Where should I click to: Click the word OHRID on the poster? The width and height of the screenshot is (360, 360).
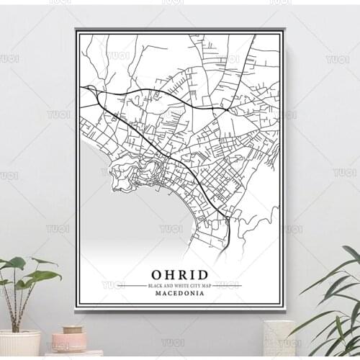tap(180, 274)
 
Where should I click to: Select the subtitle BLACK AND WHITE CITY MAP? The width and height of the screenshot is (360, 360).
tap(180, 286)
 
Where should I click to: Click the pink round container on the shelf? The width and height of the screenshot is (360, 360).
tap(69, 341)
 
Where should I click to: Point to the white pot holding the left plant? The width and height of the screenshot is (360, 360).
tap(20, 343)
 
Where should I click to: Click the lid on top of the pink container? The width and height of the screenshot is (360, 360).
tap(71, 330)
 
